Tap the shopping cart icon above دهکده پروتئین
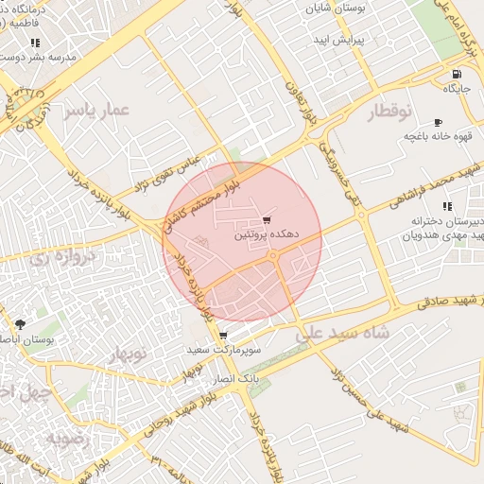(278, 219)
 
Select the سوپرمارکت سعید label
(224, 351)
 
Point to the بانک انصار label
(236, 377)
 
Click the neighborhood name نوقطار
(388, 112)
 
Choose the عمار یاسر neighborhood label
(95, 111)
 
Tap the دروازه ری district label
(63, 255)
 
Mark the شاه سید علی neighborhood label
(341, 332)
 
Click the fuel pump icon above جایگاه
(458, 75)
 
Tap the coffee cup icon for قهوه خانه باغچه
(438, 123)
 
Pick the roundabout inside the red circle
(273, 255)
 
